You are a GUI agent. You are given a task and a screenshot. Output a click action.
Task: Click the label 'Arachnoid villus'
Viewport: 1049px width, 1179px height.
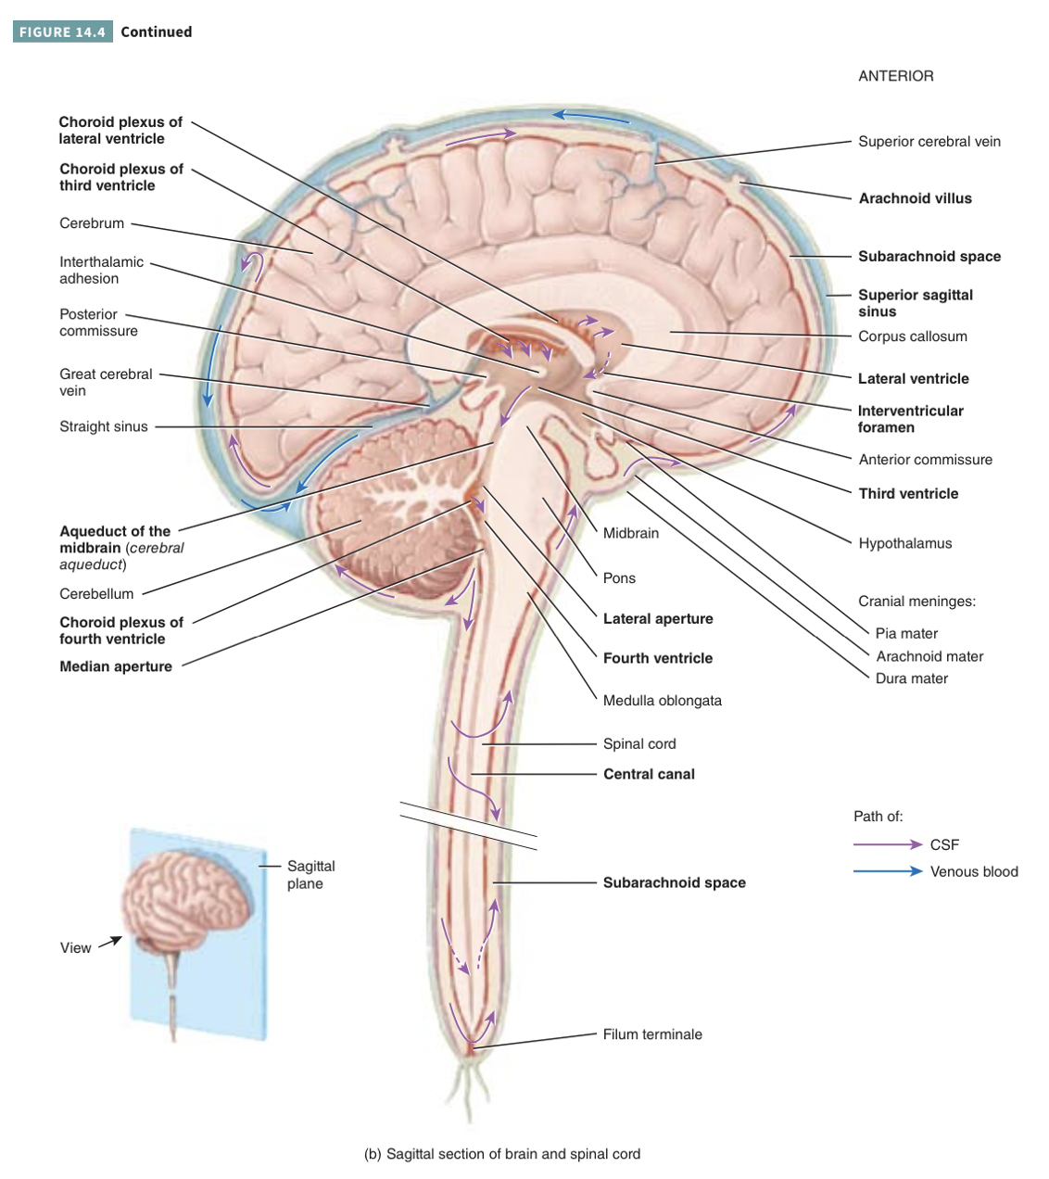point(915,198)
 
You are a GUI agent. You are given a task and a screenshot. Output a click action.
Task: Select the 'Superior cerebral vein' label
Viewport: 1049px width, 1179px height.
point(929,142)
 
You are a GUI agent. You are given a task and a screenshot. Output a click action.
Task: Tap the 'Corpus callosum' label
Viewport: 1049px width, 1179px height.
point(912,336)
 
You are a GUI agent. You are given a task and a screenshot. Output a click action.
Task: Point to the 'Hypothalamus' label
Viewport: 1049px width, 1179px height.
point(904,543)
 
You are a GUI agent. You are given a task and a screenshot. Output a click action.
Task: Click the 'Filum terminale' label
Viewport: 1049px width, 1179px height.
point(652,1034)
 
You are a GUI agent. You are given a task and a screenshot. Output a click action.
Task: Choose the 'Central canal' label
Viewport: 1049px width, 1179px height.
point(649,774)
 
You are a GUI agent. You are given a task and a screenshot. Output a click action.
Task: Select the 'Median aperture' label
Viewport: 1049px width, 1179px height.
point(116,666)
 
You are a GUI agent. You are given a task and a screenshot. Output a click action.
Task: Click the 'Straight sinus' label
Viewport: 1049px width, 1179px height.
point(104,426)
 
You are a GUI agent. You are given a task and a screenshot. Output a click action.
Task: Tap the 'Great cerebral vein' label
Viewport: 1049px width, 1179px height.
point(106,382)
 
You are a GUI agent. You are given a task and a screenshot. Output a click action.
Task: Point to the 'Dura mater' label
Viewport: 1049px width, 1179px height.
point(912,678)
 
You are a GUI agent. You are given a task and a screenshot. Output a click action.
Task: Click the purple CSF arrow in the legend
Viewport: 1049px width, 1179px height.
point(888,844)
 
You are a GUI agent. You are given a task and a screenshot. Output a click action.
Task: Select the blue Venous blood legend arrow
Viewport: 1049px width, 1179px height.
point(888,871)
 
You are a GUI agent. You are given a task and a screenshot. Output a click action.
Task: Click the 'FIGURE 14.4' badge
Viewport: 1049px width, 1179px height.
point(62,32)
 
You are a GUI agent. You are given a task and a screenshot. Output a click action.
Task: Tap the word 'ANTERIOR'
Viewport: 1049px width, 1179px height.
point(895,76)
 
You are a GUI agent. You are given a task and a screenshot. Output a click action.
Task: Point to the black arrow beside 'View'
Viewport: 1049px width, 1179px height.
point(110,942)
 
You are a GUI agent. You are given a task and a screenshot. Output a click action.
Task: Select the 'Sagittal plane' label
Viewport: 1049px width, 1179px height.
point(310,874)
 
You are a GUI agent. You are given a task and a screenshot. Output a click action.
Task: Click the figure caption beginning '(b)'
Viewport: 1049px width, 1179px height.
point(501,1154)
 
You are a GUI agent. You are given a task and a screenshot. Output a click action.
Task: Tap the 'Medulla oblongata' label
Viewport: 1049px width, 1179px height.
point(662,701)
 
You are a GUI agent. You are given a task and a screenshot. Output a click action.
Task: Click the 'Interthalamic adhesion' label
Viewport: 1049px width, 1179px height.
point(101,270)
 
